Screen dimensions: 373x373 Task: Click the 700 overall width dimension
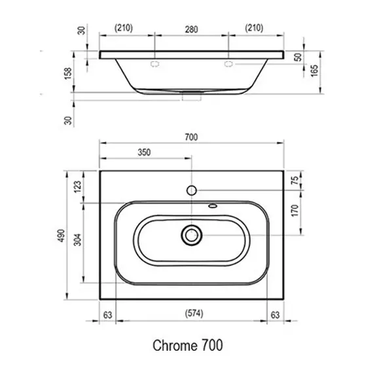point(191,137)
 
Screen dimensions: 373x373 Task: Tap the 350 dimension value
point(144,152)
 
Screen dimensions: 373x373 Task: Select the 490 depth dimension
point(62,236)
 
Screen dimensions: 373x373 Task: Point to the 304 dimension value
point(77,240)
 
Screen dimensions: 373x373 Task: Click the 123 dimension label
point(77,186)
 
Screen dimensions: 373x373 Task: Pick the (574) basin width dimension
point(194,313)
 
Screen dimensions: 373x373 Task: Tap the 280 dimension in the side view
point(191,29)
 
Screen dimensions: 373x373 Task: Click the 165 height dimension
point(314,71)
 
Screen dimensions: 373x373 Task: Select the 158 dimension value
point(68,73)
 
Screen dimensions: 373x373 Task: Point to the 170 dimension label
point(294,210)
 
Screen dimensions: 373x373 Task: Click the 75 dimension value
point(294,181)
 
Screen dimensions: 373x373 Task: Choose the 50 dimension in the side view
point(298,57)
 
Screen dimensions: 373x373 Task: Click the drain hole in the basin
point(192,236)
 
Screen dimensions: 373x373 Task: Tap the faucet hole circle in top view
point(192,190)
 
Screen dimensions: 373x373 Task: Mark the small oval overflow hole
point(213,205)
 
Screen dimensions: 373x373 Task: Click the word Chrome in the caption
point(175,346)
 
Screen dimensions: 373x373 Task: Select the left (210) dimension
point(124,28)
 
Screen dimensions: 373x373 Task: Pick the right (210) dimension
point(254,28)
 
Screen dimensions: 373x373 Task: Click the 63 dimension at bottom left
point(107,315)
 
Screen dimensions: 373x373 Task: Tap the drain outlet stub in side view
point(192,97)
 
